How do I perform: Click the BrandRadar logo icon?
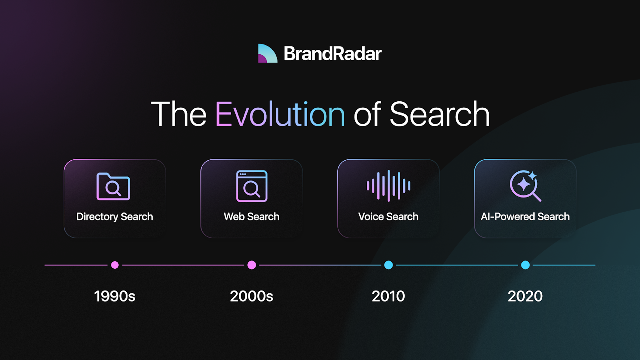pyautogui.click(x=268, y=54)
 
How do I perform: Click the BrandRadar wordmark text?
pyautogui.click(x=332, y=54)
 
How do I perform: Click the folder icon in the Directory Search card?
pyautogui.click(x=113, y=186)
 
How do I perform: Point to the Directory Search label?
pyautogui.click(x=114, y=216)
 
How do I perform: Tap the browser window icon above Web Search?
pyautogui.click(x=252, y=186)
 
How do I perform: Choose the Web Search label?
pyautogui.click(x=252, y=216)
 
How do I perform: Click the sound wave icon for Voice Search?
pyautogui.click(x=388, y=186)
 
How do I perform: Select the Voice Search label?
pyautogui.click(x=388, y=216)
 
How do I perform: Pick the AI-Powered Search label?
pyautogui.click(x=525, y=216)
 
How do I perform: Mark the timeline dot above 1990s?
pyautogui.click(x=115, y=265)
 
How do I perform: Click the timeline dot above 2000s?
pyautogui.click(x=252, y=265)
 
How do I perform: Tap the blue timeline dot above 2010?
pyautogui.click(x=388, y=265)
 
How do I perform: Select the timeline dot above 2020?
pyautogui.click(x=526, y=265)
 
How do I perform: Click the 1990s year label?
pyautogui.click(x=114, y=296)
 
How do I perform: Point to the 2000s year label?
pyautogui.click(x=252, y=296)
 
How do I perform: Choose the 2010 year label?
pyautogui.click(x=388, y=296)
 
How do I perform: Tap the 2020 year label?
pyautogui.click(x=525, y=296)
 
